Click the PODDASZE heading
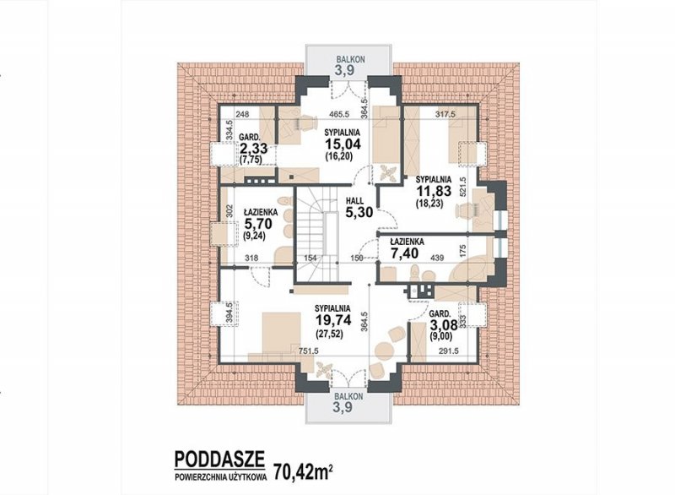pyautogui.click(x=219, y=460)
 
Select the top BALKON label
pyautogui.click(x=351, y=59)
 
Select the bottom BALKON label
pyautogui.click(x=349, y=396)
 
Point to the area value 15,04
pyautogui.click(x=343, y=143)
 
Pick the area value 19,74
pyautogui.click(x=332, y=320)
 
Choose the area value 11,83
pyautogui.click(x=434, y=190)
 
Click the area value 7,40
pyautogui.click(x=404, y=253)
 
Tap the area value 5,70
pyautogui.click(x=257, y=223)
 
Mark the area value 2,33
pyautogui.click(x=254, y=149)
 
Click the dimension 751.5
pyautogui.click(x=308, y=351)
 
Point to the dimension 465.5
pyautogui.click(x=339, y=115)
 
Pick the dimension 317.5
pyautogui.click(x=445, y=115)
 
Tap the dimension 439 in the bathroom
pyautogui.click(x=437, y=258)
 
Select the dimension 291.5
pyautogui.click(x=449, y=351)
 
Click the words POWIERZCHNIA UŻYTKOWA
pyautogui.click(x=220, y=477)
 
